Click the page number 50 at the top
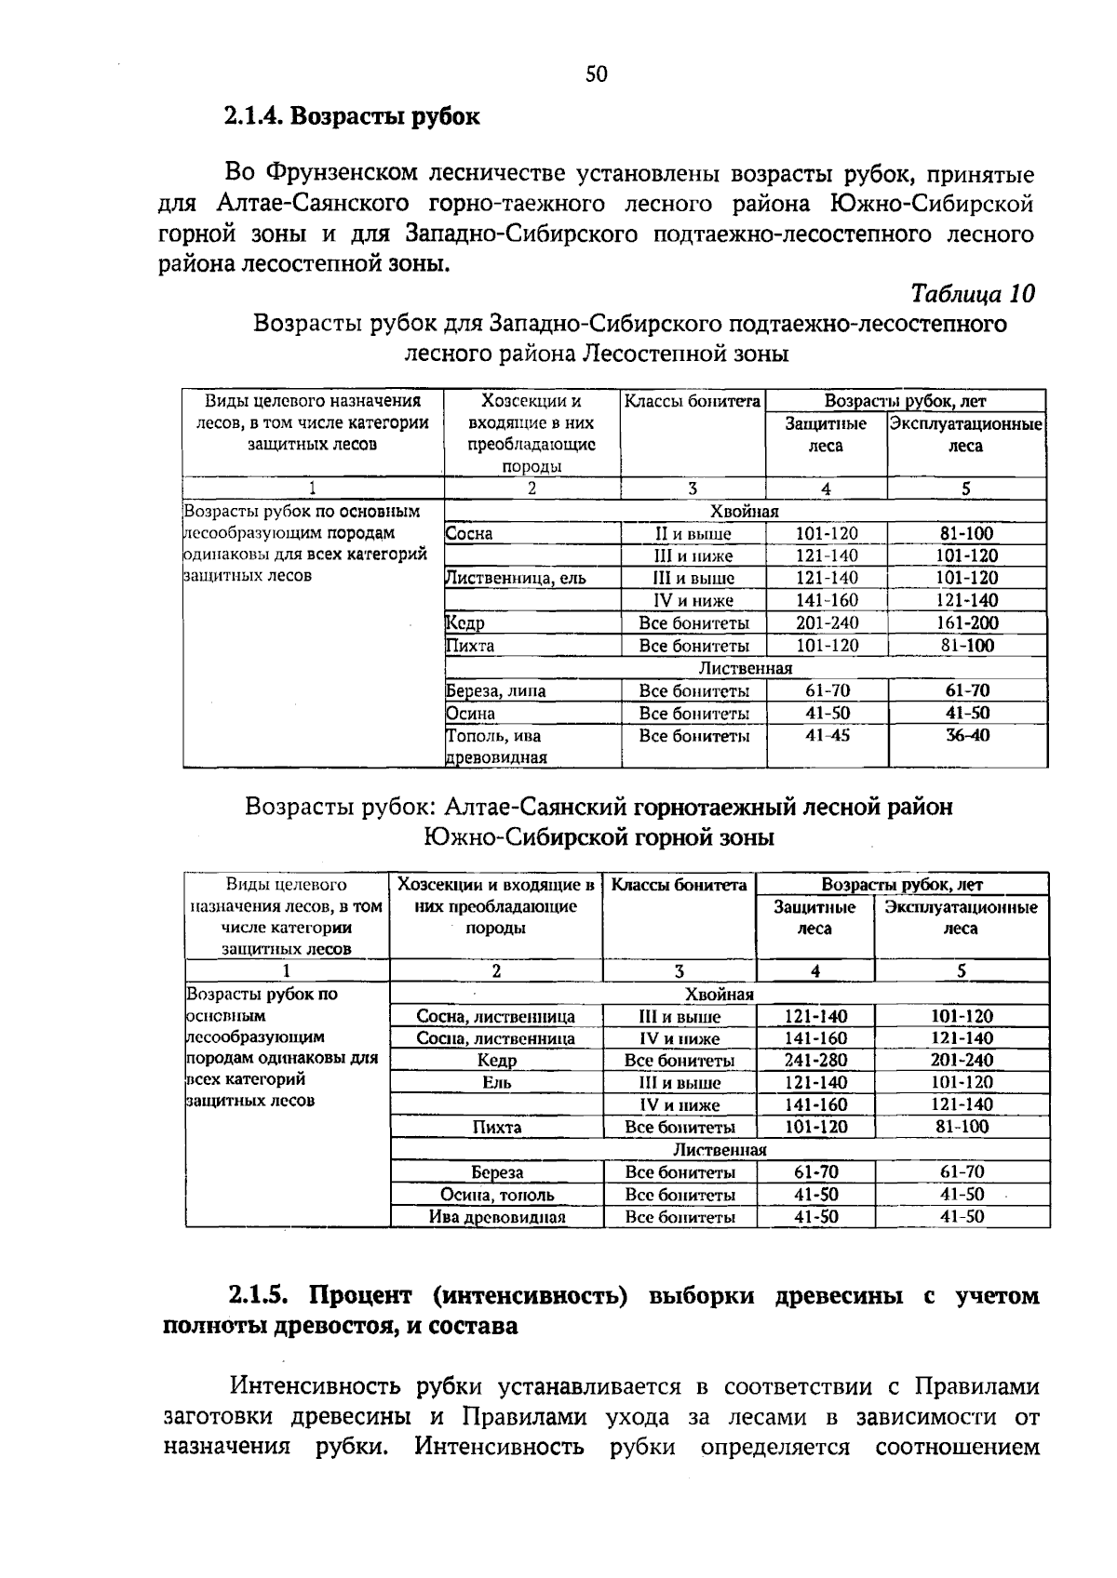(596, 74)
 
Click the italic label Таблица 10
(973, 294)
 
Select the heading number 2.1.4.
(254, 117)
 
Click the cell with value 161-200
(965, 623)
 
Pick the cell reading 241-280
(815, 1061)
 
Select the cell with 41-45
(826, 736)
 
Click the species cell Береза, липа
(496, 691)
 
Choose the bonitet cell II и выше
(693, 534)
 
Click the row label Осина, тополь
(497, 1195)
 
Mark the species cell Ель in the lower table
(497, 1083)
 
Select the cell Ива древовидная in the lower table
(497, 1217)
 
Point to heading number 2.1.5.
(262, 1296)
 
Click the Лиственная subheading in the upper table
(745, 668)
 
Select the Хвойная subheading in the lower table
(719, 994)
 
